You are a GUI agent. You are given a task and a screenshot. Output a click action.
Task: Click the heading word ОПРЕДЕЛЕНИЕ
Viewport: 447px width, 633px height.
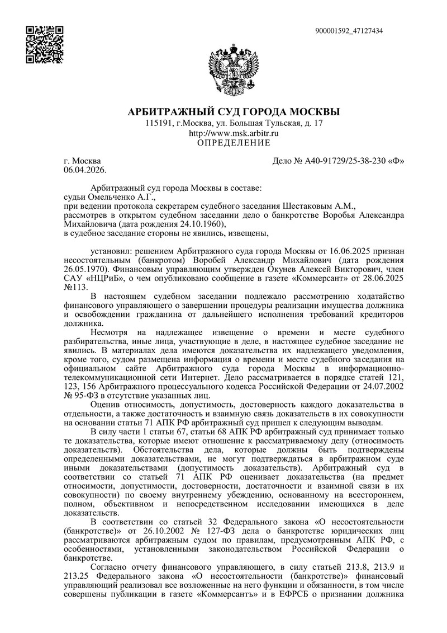[234, 143]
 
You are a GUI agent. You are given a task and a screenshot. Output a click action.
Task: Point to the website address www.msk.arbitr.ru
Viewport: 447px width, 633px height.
[234, 134]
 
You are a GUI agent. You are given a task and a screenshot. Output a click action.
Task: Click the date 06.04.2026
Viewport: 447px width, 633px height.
[85, 168]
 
